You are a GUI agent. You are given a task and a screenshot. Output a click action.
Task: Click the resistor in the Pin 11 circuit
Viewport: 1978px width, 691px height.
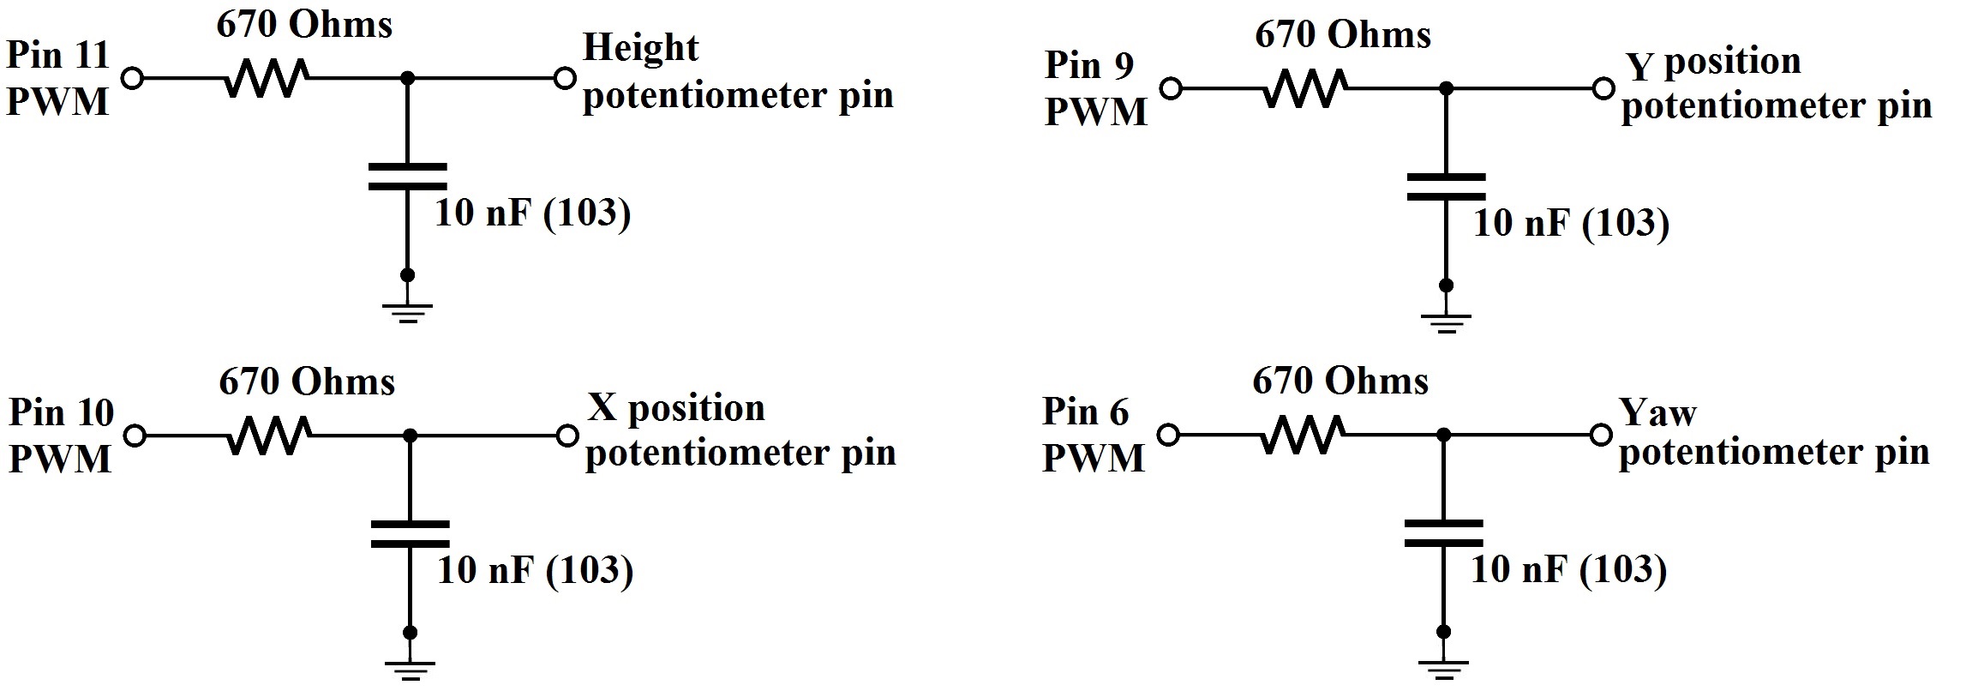(265, 78)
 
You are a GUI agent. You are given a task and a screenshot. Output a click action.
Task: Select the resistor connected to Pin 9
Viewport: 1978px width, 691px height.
(1305, 88)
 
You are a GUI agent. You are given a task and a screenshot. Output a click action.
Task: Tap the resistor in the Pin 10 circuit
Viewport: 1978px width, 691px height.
(268, 436)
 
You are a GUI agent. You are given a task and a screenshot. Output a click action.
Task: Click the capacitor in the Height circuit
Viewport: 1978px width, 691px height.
(407, 176)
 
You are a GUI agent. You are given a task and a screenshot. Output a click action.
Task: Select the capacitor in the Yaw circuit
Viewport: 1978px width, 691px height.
(1444, 532)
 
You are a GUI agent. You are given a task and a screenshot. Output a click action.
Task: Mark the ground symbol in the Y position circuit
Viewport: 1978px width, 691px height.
(1446, 321)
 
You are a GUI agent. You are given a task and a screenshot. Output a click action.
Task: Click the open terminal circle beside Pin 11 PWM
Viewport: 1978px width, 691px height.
(132, 78)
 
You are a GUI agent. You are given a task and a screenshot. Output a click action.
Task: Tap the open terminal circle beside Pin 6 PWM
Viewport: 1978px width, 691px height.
(1167, 435)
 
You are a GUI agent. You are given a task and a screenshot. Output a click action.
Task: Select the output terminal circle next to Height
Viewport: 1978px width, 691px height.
(564, 78)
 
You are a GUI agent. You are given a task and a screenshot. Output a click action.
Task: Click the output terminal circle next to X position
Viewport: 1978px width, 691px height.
(566, 436)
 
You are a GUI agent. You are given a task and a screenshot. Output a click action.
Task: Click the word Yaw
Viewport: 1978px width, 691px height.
(1657, 412)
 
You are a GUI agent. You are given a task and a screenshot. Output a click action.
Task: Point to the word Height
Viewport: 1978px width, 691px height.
(640, 48)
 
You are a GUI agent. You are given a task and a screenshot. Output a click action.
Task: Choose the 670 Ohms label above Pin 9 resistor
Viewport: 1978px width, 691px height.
(1343, 35)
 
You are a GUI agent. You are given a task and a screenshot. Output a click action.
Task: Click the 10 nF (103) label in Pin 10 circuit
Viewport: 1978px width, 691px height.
(536, 570)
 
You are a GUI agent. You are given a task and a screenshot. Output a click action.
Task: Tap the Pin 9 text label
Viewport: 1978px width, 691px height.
(1089, 64)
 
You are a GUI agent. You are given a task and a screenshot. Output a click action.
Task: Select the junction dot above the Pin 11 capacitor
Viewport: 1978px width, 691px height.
(408, 78)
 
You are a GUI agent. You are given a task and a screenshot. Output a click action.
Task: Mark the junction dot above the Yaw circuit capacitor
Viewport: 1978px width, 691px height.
(1444, 435)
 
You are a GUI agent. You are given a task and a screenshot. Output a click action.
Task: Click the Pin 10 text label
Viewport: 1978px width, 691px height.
(61, 412)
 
